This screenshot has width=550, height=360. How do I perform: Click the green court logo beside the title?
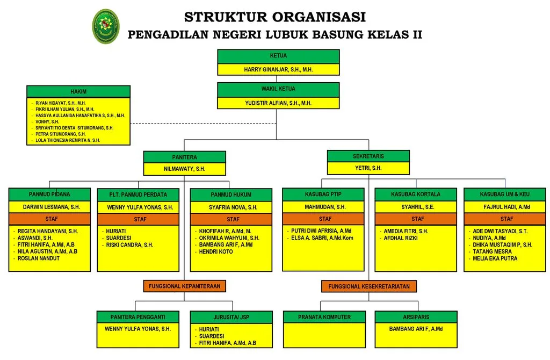pyautogui.click(x=106, y=26)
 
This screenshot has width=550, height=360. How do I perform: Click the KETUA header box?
pyautogui.click(x=278, y=56)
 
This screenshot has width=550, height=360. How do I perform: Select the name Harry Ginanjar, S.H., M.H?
pyautogui.click(x=278, y=69)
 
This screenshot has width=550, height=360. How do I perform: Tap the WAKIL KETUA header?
pyautogui.click(x=278, y=90)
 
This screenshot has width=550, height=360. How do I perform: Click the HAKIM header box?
pyautogui.click(x=78, y=91)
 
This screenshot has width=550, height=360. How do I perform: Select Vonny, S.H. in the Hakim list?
pyautogui.click(x=47, y=122)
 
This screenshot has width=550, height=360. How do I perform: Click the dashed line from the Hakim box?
pyautogui.click(x=203, y=123)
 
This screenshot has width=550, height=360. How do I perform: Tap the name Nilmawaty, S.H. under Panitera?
pyautogui.click(x=185, y=169)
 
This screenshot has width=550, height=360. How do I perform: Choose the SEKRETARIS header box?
pyautogui.click(x=368, y=156)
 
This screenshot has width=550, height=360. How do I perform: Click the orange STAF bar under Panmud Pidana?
pyautogui.click(x=49, y=219)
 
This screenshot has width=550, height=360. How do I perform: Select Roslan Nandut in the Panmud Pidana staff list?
pyautogui.click(x=39, y=258)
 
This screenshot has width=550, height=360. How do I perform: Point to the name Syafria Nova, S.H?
pyautogui.click(x=233, y=207)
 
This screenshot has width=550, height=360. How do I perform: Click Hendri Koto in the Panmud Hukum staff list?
pyautogui.click(x=216, y=251)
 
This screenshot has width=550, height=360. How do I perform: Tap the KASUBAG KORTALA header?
pyautogui.click(x=416, y=195)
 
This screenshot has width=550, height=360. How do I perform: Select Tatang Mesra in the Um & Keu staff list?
pyautogui.click(x=492, y=251)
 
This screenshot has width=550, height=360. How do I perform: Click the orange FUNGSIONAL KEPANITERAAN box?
pyautogui.click(x=185, y=286)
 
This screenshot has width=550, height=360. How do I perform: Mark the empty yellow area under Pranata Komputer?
pyautogui.click(x=324, y=335)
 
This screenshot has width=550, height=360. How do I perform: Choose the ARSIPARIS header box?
pyautogui.click(x=416, y=317)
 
